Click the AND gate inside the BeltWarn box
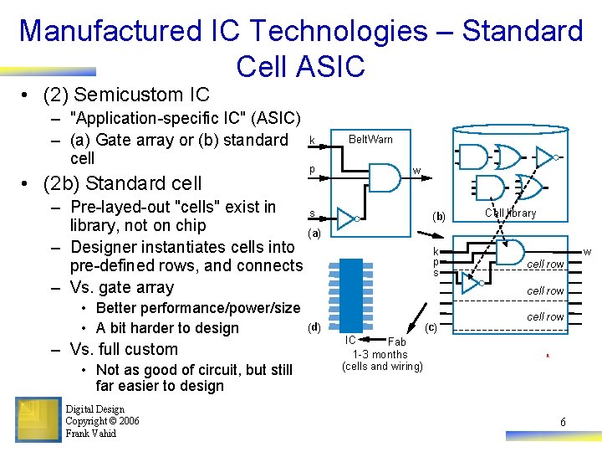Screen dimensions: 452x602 click(384, 177)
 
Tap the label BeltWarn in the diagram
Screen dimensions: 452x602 click(370, 139)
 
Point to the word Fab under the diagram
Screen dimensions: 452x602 click(397, 342)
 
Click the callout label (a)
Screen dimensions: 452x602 click(314, 233)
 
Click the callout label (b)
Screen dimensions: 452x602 click(439, 216)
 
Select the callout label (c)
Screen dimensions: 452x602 click(431, 326)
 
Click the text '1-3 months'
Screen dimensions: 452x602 click(380, 354)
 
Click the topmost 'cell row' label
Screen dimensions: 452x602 click(544, 265)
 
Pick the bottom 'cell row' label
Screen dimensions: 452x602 click(544, 316)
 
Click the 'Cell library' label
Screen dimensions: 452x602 click(511, 213)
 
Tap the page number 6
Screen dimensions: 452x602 click(563, 423)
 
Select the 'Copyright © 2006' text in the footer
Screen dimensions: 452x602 click(102, 421)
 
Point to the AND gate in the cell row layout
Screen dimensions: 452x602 click(511, 251)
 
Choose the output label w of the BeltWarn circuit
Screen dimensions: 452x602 click(416, 173)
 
